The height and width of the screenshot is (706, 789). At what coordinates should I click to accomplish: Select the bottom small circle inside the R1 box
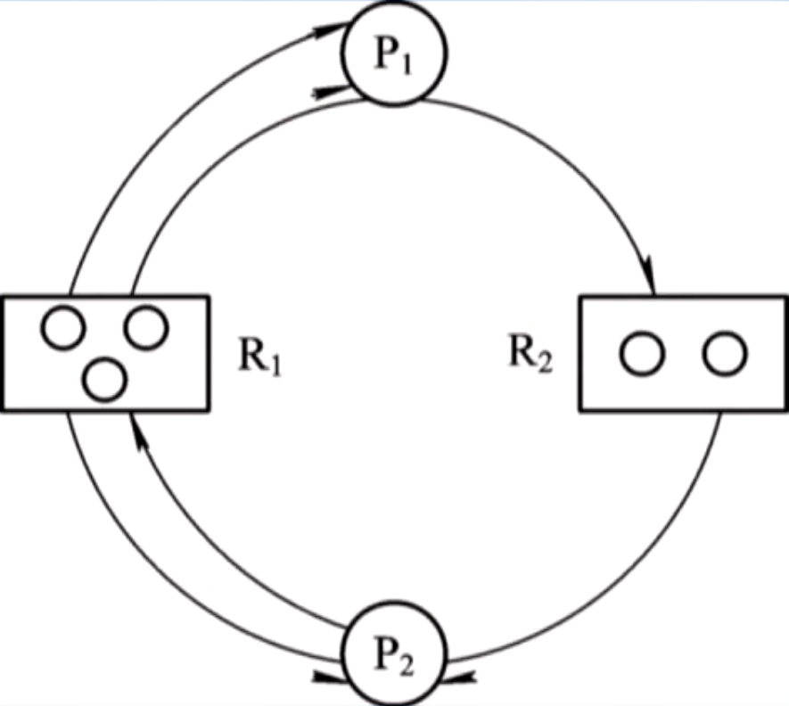pos(104,379)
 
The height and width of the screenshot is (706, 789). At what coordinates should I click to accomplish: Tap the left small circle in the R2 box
pos(642,354)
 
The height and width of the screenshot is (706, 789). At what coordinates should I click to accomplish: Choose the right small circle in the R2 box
pos(724,354)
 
